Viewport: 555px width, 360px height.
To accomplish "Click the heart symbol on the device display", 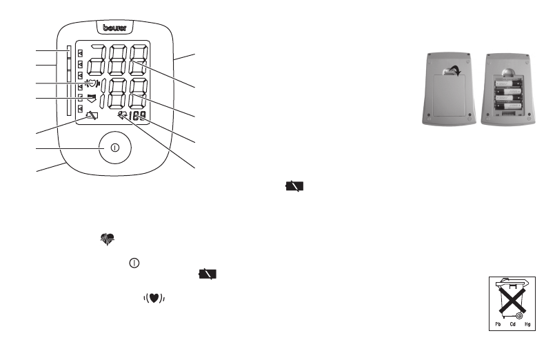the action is click(x=90, y=84).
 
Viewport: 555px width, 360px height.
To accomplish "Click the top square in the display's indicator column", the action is click(x=81, y=53).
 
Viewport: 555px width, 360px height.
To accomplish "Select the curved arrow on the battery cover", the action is click(x=452, y=68).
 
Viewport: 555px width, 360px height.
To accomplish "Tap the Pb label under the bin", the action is click(x=495, y=323).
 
